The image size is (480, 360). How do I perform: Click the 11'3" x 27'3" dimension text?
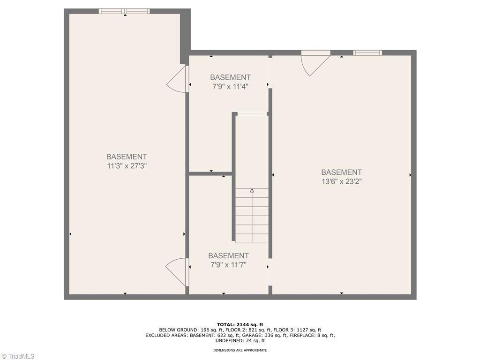pyautogui.click(x=127, y=165)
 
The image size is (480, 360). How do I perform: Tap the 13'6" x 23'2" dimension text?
pyautogui.click(x=341, y=181)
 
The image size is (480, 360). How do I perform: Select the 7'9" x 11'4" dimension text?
pyautogui.click(x=230, y=86)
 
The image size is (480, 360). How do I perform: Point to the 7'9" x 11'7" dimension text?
pyautogui.click(x=228, y=264)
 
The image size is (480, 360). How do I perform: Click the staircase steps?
pyautogui.click(x=252, y=216)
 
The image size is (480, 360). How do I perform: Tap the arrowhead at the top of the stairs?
pyautogui.click(x=252, y=191)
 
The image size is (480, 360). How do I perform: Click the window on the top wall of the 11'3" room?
pyautogui.click(x=124, y=11)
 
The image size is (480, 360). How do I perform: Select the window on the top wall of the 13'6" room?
pyautogui.click(x=367, y=53)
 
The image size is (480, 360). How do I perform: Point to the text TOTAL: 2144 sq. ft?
pyautogui.click(x=240, y=324)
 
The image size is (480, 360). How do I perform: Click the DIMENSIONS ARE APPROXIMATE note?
pyautogui.click(x=240, y=350)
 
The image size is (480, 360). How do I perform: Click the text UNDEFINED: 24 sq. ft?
pyautogui.click(x=240, y=341)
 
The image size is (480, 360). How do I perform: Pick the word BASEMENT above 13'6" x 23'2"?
pyautogui.click(x=341, y=172)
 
